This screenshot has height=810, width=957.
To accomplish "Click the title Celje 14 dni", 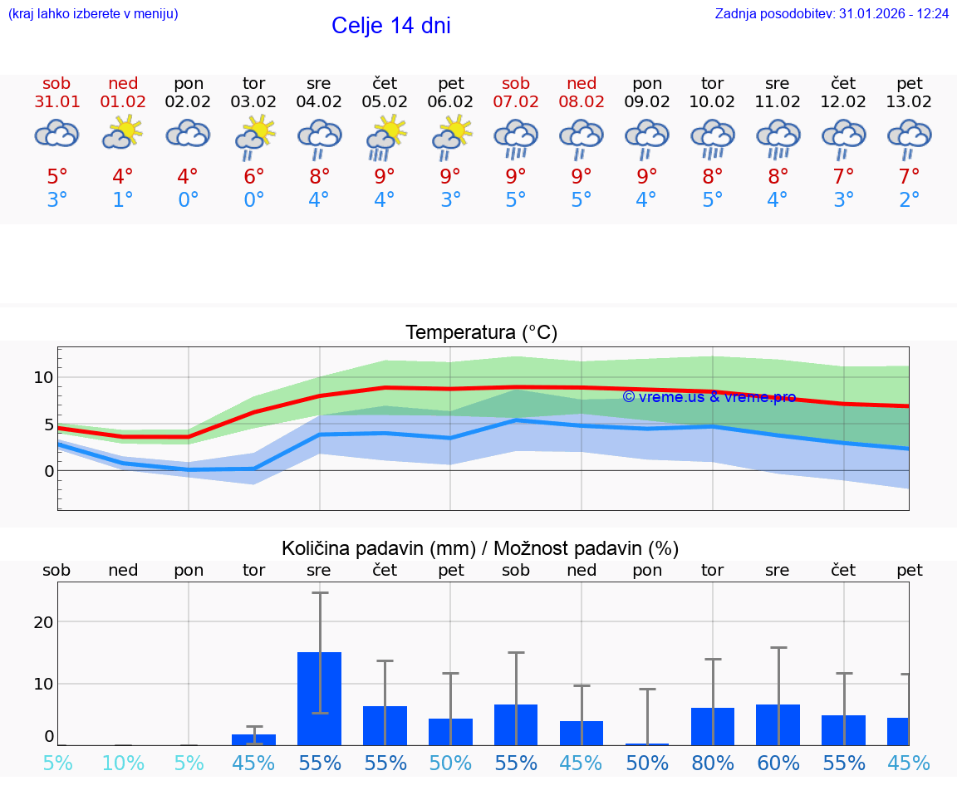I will click(x=390, y=26).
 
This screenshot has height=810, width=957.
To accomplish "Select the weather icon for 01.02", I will click(x=123, y=132).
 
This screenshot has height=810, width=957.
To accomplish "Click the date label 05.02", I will click(x=385, y=102).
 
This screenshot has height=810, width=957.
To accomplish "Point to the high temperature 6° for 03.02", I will click(x=253, y=176).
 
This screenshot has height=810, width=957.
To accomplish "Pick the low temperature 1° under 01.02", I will click(x=123, y=200).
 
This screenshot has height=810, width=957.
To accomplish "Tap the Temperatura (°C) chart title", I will click(x=481, y=333).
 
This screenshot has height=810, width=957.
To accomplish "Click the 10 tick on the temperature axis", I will click(x=43, y=377).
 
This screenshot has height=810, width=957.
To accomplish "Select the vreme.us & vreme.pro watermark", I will click(x=709, y=397).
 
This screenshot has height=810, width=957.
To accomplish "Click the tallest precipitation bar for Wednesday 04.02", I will click(x=319, y=698).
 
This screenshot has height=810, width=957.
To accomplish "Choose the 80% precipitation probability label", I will click(x=713, y=763).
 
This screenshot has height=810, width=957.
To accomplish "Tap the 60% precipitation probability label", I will click(x=778, y=763).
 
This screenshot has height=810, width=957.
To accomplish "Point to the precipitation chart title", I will click(x=480, y=548).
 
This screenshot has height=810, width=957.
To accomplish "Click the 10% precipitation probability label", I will click(x=123, y=763).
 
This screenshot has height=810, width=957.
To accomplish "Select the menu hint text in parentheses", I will click(x=93, y=14).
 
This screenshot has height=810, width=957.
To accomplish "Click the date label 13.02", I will click(x=910, y=102).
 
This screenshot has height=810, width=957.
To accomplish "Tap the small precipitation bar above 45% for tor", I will click(x=253, y=739).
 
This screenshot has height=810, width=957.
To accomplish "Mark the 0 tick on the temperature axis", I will click(x=49, y=471).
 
